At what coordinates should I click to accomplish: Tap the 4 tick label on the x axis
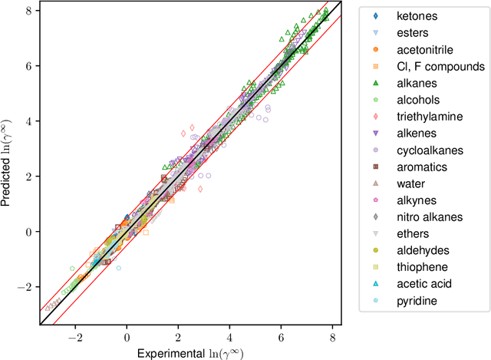click(230, 336)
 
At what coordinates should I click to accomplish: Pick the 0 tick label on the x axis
click(127, 336)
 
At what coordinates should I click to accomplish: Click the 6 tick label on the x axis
click(282, 336)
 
